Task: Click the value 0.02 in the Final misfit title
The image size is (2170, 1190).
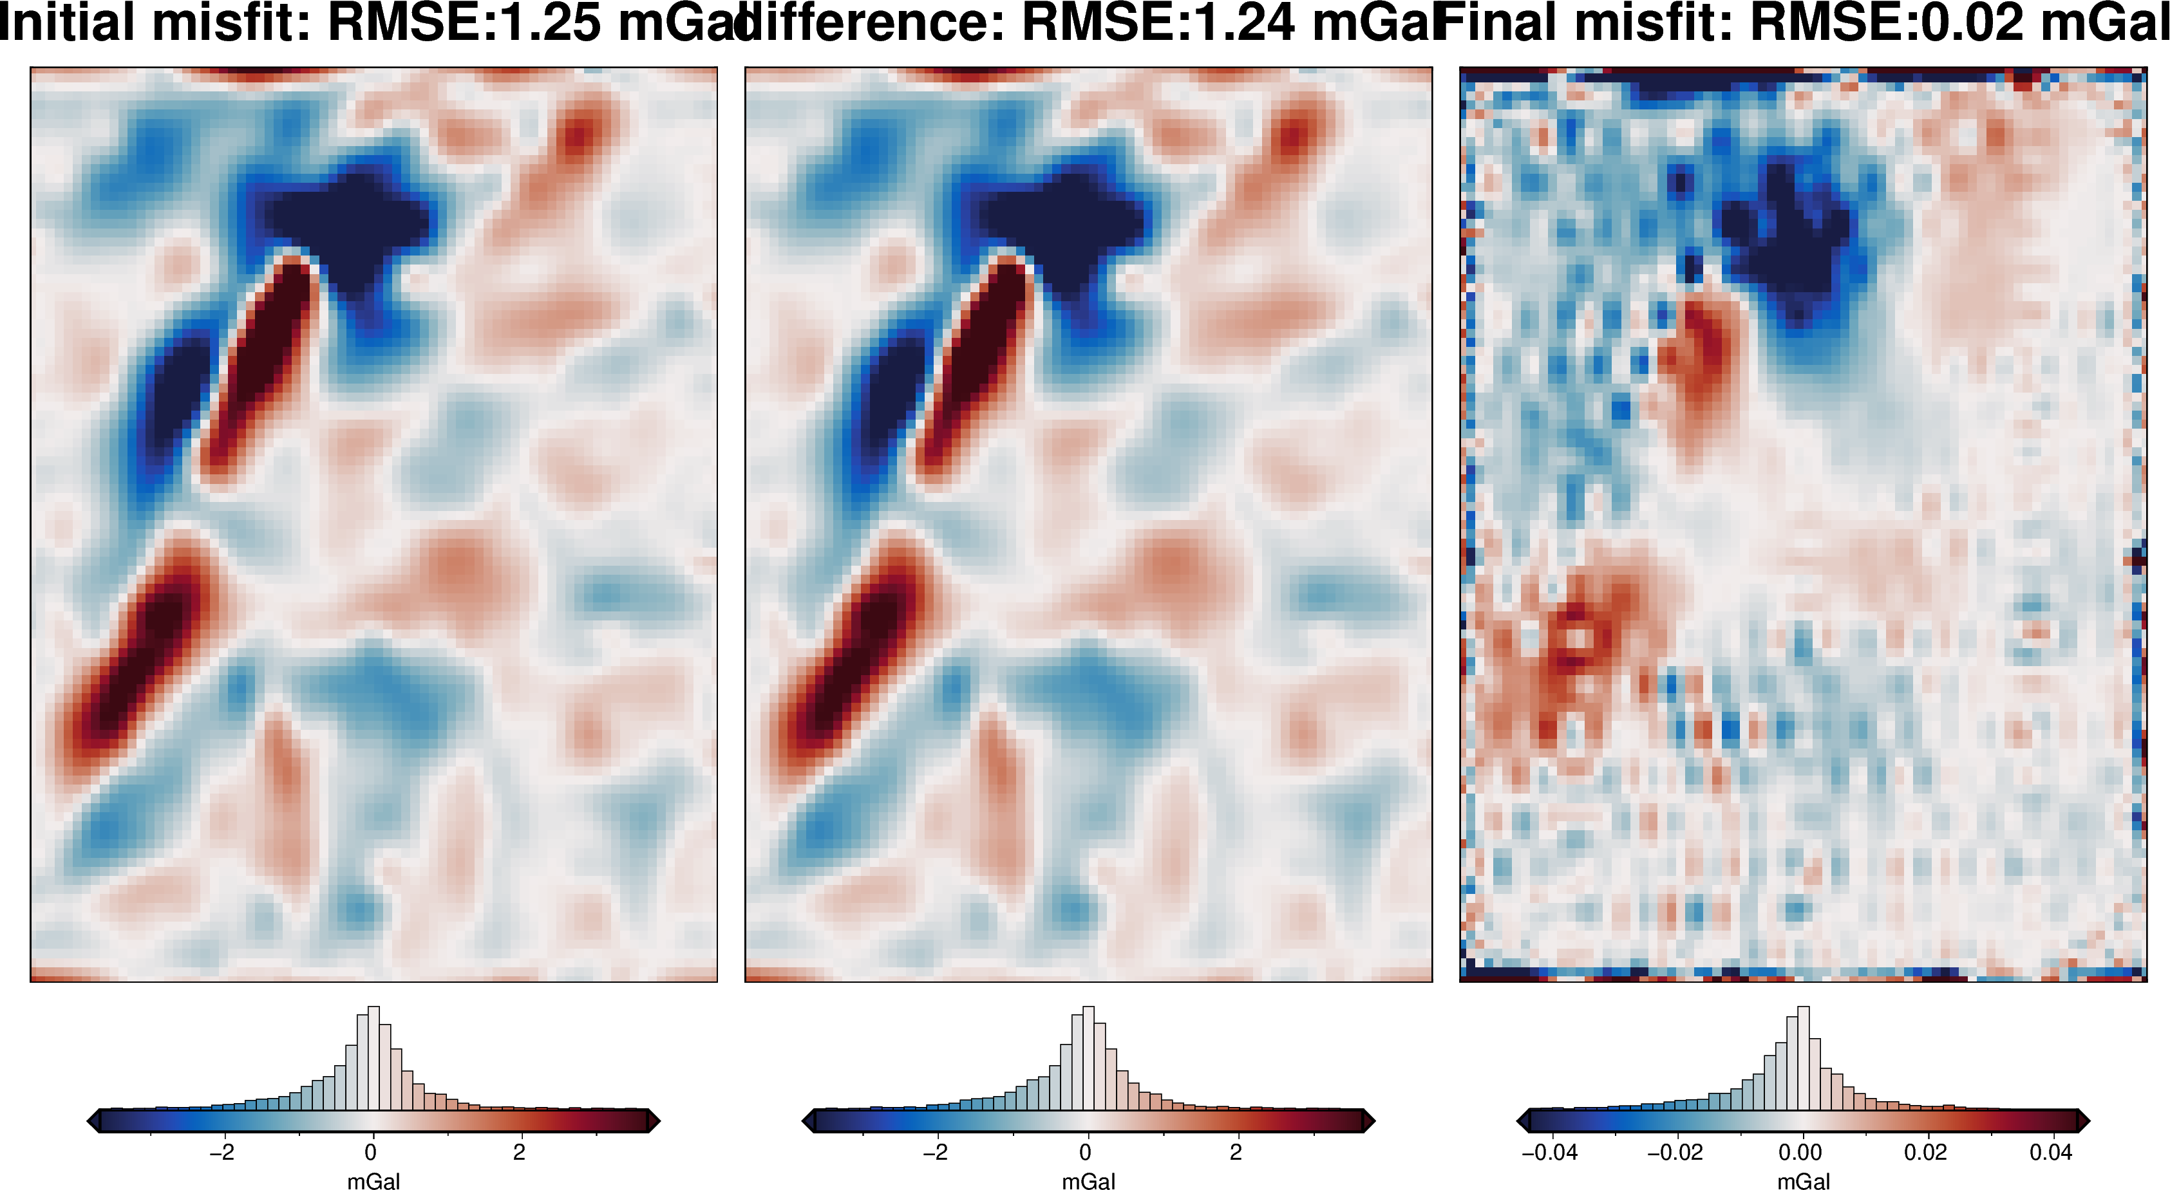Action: click(1971, 23)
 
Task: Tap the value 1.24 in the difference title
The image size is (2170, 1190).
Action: click(1243, 23)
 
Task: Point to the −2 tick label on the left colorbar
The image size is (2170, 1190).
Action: click(222, 1151)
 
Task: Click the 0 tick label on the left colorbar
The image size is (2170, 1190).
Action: click(371, 1151)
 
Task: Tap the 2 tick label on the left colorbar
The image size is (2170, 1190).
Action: click(519, 1151)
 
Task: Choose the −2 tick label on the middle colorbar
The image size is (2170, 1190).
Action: click(935, 1151)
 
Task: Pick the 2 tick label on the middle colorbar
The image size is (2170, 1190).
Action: click(1236, 1151)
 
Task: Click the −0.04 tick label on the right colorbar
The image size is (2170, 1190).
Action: click(1549, 1151)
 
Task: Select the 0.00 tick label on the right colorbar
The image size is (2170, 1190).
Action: click(1800, 1151)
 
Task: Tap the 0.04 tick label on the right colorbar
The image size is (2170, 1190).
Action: click(2050, 1151)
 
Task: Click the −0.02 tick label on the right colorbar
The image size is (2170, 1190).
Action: click(1675, 1151)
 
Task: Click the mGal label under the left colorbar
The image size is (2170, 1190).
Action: click(373, 1181)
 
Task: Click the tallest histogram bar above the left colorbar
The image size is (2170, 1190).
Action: click(373, 1057)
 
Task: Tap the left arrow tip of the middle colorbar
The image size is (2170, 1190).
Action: click(806, 1121)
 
